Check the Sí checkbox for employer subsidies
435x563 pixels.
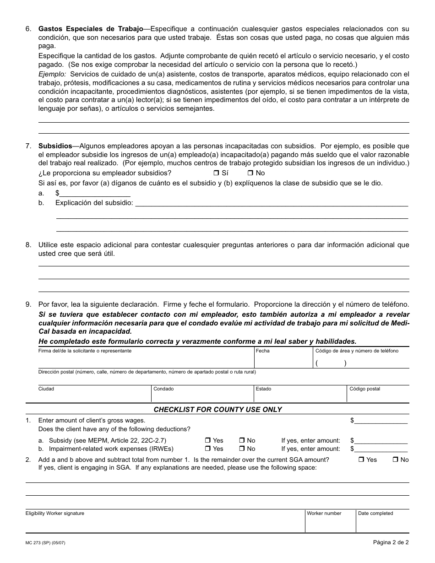click(216, 173)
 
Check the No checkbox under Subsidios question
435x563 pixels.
click(250, 173)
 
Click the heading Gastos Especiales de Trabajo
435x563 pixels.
click(91, 29)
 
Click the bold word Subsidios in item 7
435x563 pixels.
click(55, 146)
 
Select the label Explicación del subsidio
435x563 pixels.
click(94, 203)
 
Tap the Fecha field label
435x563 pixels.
click(263, 351)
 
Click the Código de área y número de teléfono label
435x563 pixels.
click(357, 351)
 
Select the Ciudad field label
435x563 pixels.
click(46, 389)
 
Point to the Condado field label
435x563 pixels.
click(163, 389)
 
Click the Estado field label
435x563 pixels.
click(263, 389)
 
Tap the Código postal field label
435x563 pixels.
click(364, 389)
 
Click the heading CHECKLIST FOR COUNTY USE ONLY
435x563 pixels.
click(217, 410)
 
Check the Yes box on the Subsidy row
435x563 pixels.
click(207, 441)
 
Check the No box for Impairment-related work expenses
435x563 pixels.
click(242, 449)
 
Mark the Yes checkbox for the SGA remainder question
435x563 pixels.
click(361, 460)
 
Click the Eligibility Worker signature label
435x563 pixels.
click(54, 514)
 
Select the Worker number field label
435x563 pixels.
click(324, 514)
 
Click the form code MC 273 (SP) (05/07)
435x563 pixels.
click(48, 543)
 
